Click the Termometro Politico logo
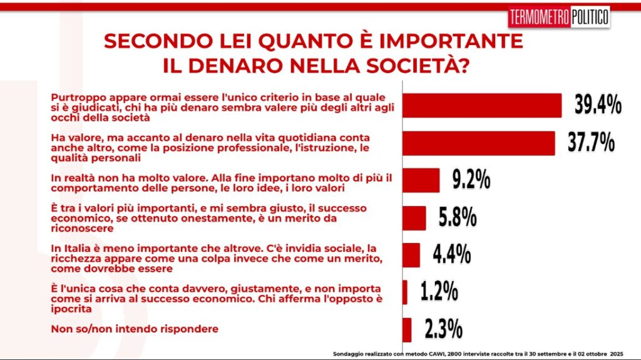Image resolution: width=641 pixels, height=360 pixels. tap(558, 17)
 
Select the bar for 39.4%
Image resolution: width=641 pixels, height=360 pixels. tap(481, 105)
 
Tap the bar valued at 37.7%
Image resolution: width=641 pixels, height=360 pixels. tap(478, 143)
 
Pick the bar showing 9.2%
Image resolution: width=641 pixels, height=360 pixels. tap(421, 180)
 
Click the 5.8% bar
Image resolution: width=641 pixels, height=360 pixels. tap(414, 218)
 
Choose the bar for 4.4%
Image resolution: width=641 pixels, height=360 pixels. tap(411, 255)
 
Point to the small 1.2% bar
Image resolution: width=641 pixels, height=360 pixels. tap(404, 292)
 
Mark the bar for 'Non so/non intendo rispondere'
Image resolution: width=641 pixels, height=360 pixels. tap(406, 329)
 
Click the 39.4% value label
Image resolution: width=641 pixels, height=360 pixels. tap(598, 105)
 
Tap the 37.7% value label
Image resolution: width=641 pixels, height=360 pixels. tap(591, 143)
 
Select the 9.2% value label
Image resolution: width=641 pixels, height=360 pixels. tap(471, 180)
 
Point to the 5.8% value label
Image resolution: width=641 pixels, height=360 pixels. tap(458, 218)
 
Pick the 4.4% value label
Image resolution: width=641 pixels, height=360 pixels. tap(451, 254)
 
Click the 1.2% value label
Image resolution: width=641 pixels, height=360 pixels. tap(439, 292)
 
